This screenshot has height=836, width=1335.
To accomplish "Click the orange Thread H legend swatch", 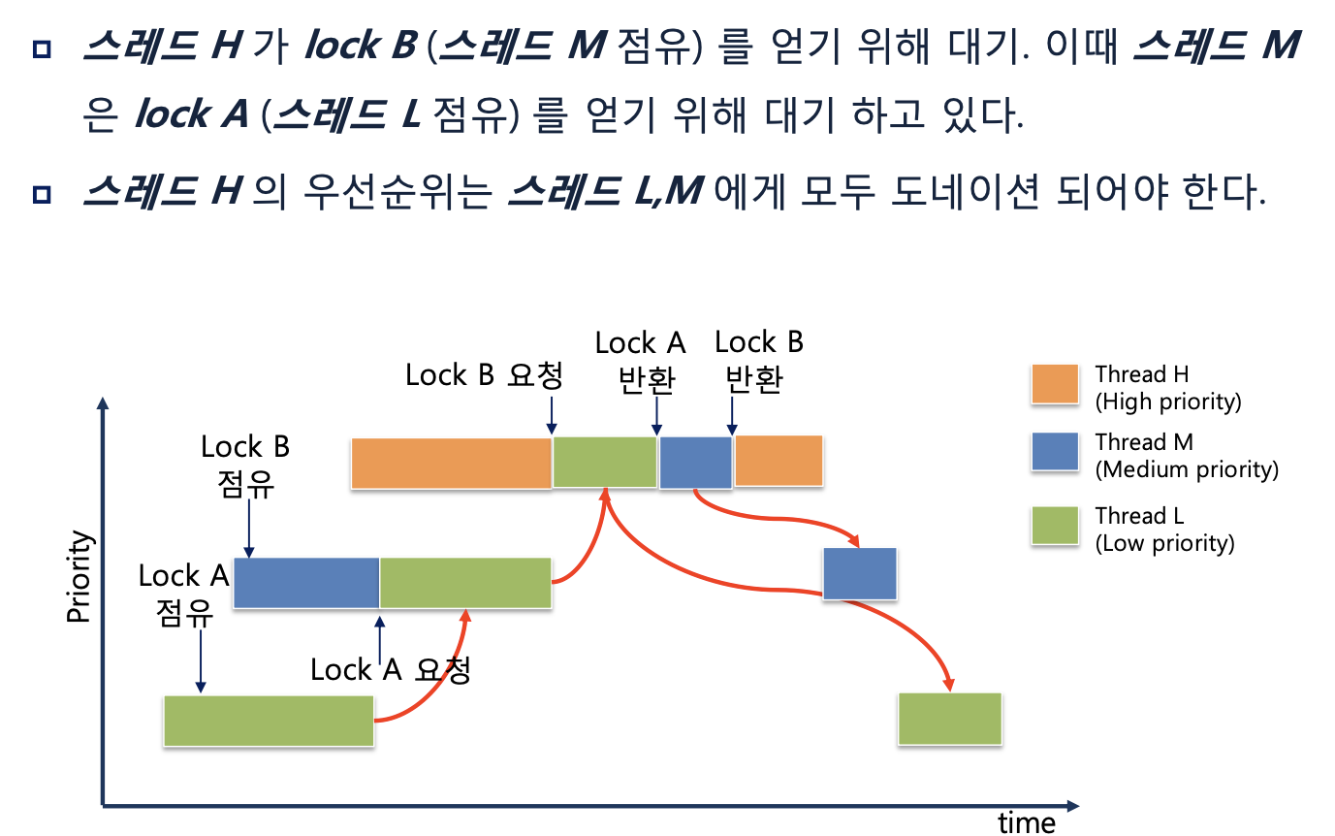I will click(x=1055, y=387).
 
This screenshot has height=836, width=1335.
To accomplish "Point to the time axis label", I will click(x=1027, y=823).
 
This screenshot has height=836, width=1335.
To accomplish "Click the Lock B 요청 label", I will click(x=484, y=375).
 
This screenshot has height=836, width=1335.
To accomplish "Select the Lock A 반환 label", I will click(x=640, y=361).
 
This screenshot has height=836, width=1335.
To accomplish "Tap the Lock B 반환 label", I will click(x=757, y=361).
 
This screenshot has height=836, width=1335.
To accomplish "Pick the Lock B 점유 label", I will click(x=245, y=465).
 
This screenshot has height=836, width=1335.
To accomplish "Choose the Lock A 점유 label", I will click(x=183, y=594).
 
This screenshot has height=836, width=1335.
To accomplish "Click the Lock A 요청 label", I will click(x=391, y=670).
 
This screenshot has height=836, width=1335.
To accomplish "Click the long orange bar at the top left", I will click(x=451, y=463).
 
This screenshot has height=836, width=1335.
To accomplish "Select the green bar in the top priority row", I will click(x=604, y=462).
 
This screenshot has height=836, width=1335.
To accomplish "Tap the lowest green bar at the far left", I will click(x=269, y=721).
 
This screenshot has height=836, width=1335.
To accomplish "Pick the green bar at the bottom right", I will click(x=949, y=719).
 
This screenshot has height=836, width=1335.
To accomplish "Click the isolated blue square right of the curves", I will click(x=859, y=573).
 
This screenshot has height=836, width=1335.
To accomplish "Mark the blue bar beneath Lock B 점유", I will click(x=306, y=583).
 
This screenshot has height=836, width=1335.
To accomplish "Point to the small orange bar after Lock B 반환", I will click(x=779, y=461).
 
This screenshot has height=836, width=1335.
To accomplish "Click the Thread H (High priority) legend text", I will click(x=1167, y=387).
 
